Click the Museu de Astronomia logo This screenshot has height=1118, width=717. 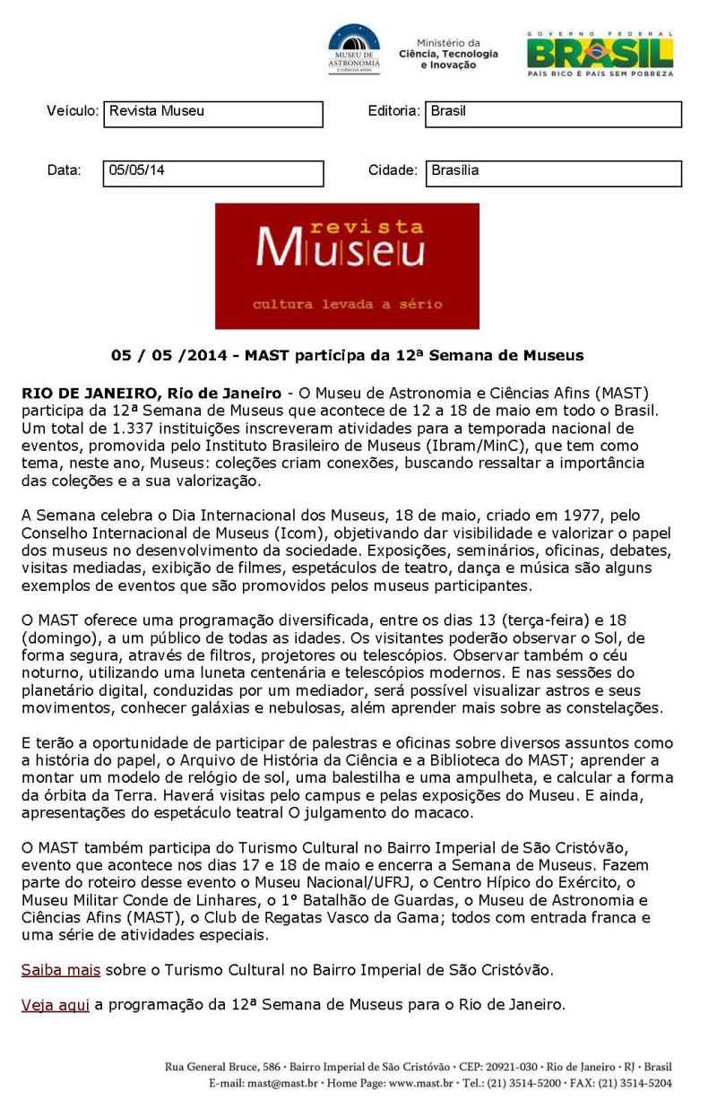click(x=354, y=48)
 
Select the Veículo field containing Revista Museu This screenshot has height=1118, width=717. click(x=213, y=114)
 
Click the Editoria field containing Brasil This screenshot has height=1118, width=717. click(x=553, y=114)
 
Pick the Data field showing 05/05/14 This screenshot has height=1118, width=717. click(x=213, y=172)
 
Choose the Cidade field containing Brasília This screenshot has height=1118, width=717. click(x=553, y=172)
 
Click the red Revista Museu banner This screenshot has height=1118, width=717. click(x=347, y=265)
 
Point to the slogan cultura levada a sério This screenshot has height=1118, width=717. click(x=347, y=304)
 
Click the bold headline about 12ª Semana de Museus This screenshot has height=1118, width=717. click(x=347, y=356)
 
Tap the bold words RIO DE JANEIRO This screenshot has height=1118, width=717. click(x=79, y=393)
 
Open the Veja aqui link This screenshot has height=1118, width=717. click(x=56, y=1005)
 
